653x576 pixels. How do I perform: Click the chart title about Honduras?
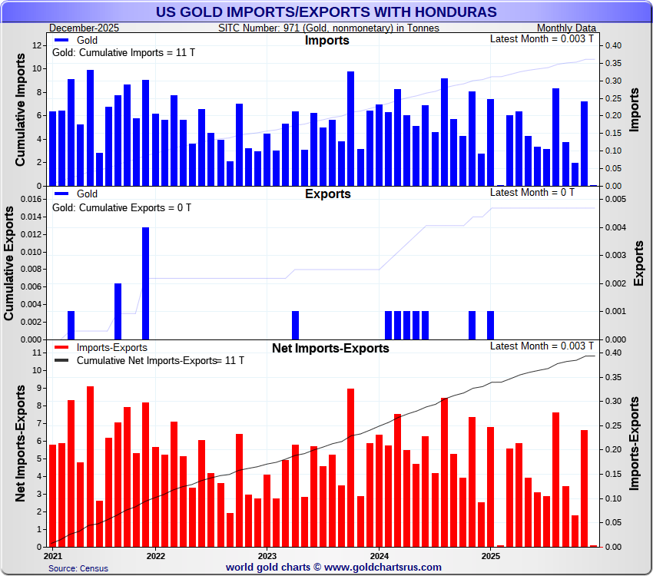(326, 12)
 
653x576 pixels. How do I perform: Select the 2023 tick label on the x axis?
(267, 554)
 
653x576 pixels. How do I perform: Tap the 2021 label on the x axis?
(53, 554)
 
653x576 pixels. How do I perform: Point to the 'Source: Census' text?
(78, 568)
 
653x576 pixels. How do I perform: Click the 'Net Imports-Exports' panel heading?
(330, 348)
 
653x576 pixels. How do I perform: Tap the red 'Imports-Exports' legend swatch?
(62, 348)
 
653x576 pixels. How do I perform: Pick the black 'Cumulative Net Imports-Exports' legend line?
(62, 360)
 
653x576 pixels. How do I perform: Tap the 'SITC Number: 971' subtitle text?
(329, 28)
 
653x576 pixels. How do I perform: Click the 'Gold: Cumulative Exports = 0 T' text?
(121, 207)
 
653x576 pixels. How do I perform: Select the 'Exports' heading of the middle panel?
(327, 194)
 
